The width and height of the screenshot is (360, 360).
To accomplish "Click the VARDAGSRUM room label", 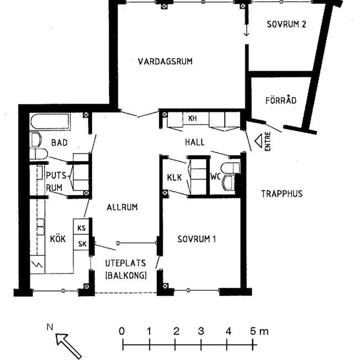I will pyautogui.click(x=165, y=61).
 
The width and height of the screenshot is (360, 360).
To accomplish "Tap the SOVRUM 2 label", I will pyautogui.click(x=286, y=24).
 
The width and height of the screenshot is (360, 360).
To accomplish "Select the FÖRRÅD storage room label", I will pyautogui.click(x=281, y=100).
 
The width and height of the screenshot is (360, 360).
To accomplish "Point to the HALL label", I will pyautogui.click(x=195, y=142).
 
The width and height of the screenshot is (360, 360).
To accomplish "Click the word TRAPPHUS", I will pyautogui.click(x=283, y=194).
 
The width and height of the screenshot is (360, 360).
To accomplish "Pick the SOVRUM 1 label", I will pyautogui.click(x=197, y=239).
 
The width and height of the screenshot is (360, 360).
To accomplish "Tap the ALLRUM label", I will pyautogui.click(x=121, y=207).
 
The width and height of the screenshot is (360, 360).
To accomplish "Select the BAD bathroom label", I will pyautogui.click(x=59, y=142).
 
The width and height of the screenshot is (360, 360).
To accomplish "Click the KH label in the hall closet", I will pyautogui.click(x=192, y=119).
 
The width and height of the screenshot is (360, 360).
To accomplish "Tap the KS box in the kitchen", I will pyautogui.click(x=82, y=227).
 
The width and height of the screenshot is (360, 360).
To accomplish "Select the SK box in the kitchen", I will pyautogui.click(x=82, y=243).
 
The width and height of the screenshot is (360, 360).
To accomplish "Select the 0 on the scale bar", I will pyautogui.click(x=122, y=331).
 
